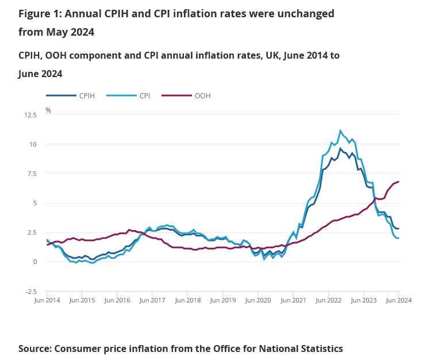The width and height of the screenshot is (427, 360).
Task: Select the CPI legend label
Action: coord(144,96)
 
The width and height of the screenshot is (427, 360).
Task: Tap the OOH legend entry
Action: coord(202,96)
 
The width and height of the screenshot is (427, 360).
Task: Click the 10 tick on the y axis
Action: coord(33,144)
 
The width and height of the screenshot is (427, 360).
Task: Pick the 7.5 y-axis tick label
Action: coord(32,174)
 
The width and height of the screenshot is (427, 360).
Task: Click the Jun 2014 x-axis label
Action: coord(47,300)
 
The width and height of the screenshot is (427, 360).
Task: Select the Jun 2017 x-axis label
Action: coord(152,300)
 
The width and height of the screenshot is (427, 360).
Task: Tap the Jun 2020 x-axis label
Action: coord(258,300)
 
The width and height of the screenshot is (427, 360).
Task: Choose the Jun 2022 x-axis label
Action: coord(328,300)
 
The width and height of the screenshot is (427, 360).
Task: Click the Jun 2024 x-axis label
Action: coord(398,300)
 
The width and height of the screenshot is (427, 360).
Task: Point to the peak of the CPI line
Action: coord(340,131)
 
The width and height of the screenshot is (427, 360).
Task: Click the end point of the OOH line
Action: coord(398,182)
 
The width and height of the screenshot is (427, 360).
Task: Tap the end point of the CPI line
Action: coord(398,238)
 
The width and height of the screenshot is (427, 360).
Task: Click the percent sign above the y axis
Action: coord(48,110)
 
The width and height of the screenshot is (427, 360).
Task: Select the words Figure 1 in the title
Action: coord(40,13)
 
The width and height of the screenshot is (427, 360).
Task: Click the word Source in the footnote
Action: coord(35,348)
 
